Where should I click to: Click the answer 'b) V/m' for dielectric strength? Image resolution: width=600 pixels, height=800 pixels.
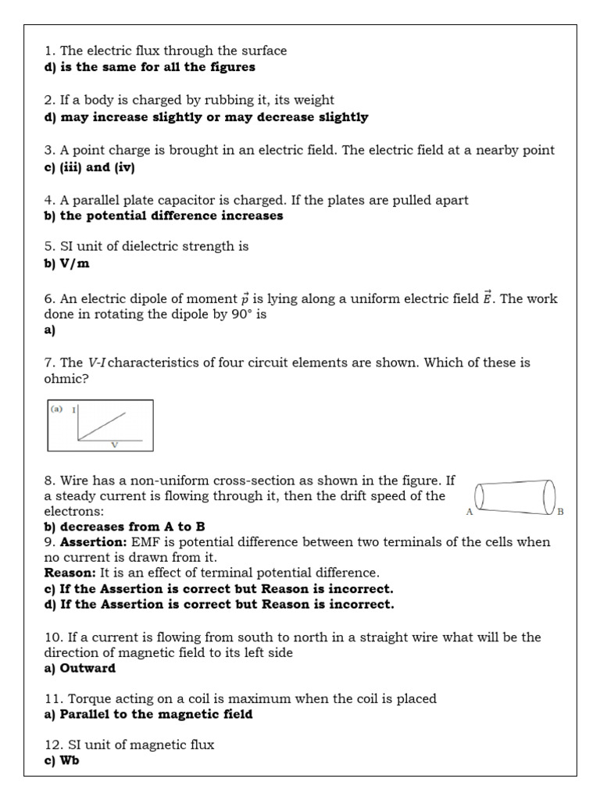click(x=66, y=263)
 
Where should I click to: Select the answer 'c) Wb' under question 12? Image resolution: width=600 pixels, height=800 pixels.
click(x=62, y=760)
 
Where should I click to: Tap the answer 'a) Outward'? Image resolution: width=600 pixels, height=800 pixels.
click(x=80, y=668)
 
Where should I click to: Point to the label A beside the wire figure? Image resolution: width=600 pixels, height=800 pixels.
click(x=470, y=512)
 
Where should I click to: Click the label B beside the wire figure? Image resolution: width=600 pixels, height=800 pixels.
click(x=560, y=512)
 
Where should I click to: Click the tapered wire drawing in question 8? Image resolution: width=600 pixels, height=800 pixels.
click(x=515, y=495)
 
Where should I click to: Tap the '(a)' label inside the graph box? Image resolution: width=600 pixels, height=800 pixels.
click(x=56, y=409)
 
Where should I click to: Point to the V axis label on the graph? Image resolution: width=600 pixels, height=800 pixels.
click(x=114, y=445)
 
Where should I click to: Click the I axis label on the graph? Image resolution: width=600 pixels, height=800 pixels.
click(x=73, y=409)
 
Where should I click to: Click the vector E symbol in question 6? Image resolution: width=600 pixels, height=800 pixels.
click(x=487, y=297)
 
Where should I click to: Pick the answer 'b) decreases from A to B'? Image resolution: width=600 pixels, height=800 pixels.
click(x=124, y=527)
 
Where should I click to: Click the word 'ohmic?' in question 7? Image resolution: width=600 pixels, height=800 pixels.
click(x=65, y=378)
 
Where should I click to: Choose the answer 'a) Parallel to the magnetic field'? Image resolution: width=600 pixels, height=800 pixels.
click(x=148, y=714)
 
